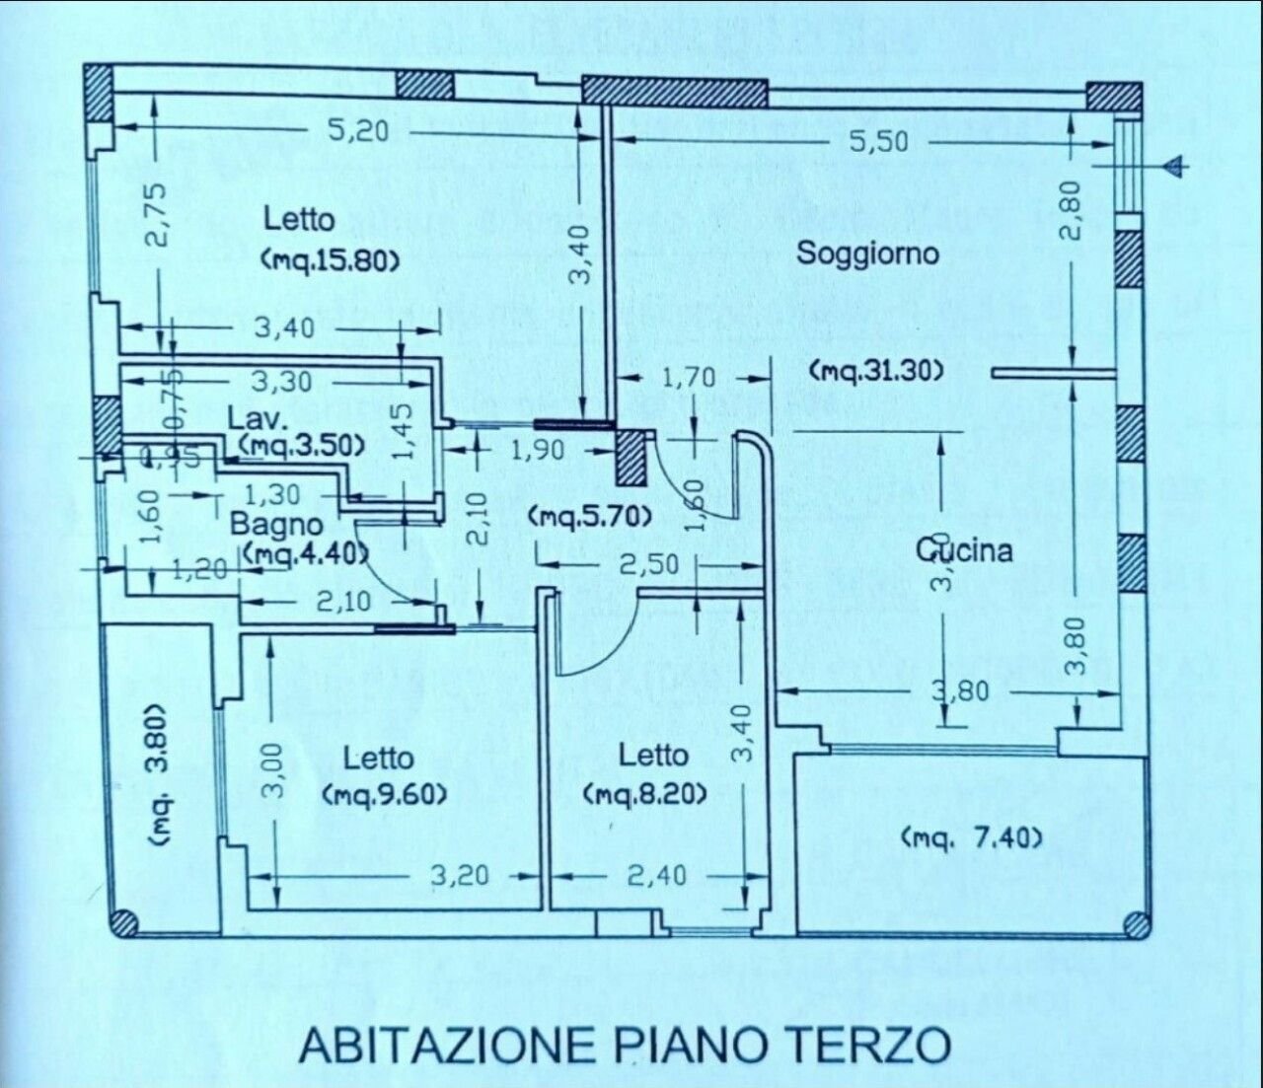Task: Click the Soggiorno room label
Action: (867, 253)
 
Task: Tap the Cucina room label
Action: (964, 549)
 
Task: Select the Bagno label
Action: (275, 524)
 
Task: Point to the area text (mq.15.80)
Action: (331, 260)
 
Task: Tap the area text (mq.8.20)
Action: (644, 794)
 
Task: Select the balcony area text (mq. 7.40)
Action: (971, 838)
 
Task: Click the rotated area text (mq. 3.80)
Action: (162, 773)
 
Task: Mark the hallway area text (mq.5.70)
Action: (589, 515)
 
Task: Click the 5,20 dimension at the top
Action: (357, 129)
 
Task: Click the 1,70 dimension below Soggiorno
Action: (715, 378)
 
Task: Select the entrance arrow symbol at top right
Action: (1174, 167)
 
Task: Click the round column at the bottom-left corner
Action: (124, 922)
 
